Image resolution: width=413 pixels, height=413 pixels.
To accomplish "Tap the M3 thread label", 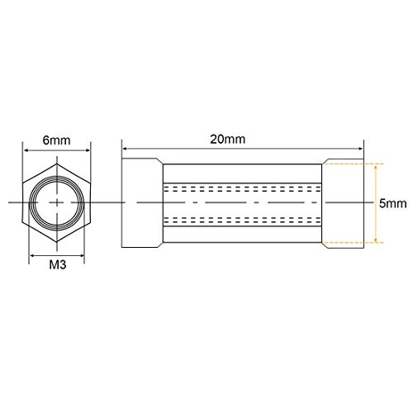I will pos(56,266).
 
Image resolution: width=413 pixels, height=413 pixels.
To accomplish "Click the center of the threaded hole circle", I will pos(55,202).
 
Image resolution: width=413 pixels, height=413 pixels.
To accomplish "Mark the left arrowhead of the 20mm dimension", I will pos(126,150).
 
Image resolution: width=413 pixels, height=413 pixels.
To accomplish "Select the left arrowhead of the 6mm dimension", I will pos(24,151).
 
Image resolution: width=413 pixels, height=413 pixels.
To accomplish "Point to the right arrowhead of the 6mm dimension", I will pos(87,151).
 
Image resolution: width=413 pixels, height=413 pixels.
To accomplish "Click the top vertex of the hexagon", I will pos(55,164).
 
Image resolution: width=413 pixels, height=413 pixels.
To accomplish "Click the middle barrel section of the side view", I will pos(242,202).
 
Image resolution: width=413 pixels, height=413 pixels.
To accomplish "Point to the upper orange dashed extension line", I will pos(351,163).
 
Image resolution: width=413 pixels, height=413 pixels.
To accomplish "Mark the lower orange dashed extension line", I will pos(351,242).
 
